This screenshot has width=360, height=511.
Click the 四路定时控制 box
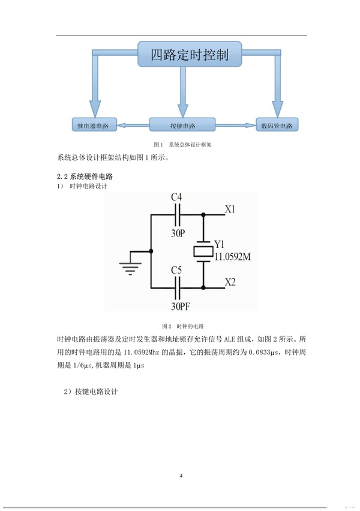click(189, 56)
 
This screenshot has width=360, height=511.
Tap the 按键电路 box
click(181, 126)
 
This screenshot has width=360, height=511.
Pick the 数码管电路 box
click(277, 126)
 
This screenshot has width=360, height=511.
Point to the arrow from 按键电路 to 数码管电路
click(235, 126)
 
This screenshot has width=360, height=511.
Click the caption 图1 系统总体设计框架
click(179, 145)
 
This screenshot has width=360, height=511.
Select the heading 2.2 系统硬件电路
click(85, 177)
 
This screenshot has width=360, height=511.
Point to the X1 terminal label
click(230, 210)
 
